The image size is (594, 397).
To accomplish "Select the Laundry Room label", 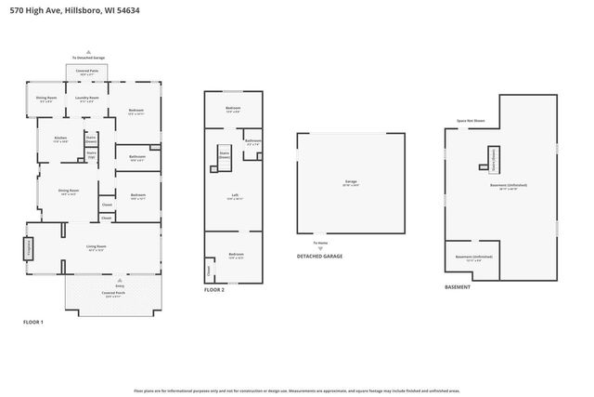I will [88, 98].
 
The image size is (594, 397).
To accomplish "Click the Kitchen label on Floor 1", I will [60, 139].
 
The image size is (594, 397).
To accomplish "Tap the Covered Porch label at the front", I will [114, 294].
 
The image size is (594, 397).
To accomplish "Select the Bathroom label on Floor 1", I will [136, 157].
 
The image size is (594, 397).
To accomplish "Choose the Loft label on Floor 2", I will [236, 196].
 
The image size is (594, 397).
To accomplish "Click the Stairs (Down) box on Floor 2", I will [224, 155].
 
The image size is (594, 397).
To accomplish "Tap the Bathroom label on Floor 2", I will [252, 142].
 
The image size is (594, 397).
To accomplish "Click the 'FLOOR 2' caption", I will [214, 290].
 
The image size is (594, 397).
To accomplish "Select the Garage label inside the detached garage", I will [351, 182].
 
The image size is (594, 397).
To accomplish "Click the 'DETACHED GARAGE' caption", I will [318, 256].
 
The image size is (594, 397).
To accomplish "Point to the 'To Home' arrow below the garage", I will [320, 245].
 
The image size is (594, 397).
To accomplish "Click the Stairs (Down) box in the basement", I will [494, 158].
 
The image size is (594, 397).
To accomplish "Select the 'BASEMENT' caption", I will [457, 287].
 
